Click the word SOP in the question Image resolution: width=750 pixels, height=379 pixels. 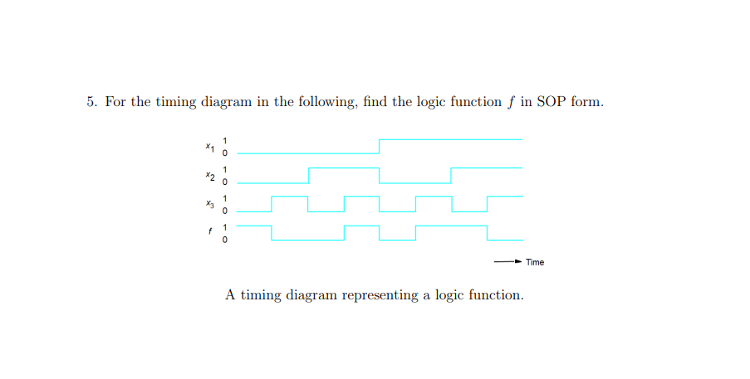point(552,102)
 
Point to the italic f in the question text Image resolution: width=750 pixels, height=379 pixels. point(508,102)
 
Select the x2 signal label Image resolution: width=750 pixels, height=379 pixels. point(210,176)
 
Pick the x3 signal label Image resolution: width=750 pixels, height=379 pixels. point(210,204)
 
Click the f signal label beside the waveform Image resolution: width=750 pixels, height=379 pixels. point(210,232)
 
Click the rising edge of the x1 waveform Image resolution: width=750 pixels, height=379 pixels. point(380,147)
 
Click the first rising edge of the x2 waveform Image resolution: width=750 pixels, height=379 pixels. point(308,175)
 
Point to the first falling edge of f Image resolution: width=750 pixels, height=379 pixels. point(272,232)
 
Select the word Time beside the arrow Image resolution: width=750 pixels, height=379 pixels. point(535,262)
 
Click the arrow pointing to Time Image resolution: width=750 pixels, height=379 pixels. point(507,262)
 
